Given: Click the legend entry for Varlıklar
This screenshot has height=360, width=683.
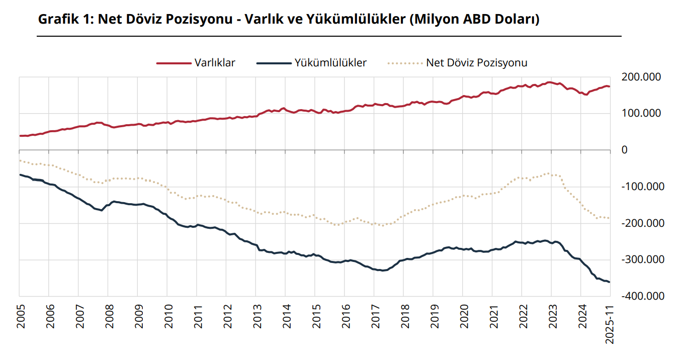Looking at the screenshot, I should pos(215,63).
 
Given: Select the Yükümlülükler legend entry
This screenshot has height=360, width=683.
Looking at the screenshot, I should pos(330,63).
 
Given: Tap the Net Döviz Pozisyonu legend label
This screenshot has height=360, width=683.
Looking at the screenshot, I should pos(476,63).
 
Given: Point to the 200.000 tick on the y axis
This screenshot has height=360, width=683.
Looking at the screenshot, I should pos(641,77).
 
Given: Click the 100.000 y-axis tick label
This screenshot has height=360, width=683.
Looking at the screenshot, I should pos(641,114).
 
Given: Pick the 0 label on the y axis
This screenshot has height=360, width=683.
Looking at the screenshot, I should pos(625,150).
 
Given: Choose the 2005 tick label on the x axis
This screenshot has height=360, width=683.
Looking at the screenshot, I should pos(20,317).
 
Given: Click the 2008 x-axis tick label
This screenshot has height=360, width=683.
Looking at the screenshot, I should pos(109,317).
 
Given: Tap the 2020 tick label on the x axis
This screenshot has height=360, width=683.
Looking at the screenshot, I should pos(463,317).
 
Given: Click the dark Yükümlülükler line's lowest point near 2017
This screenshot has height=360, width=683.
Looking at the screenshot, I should pos(383,271).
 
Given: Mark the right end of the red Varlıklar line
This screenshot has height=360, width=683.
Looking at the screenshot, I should pos(610,86).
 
